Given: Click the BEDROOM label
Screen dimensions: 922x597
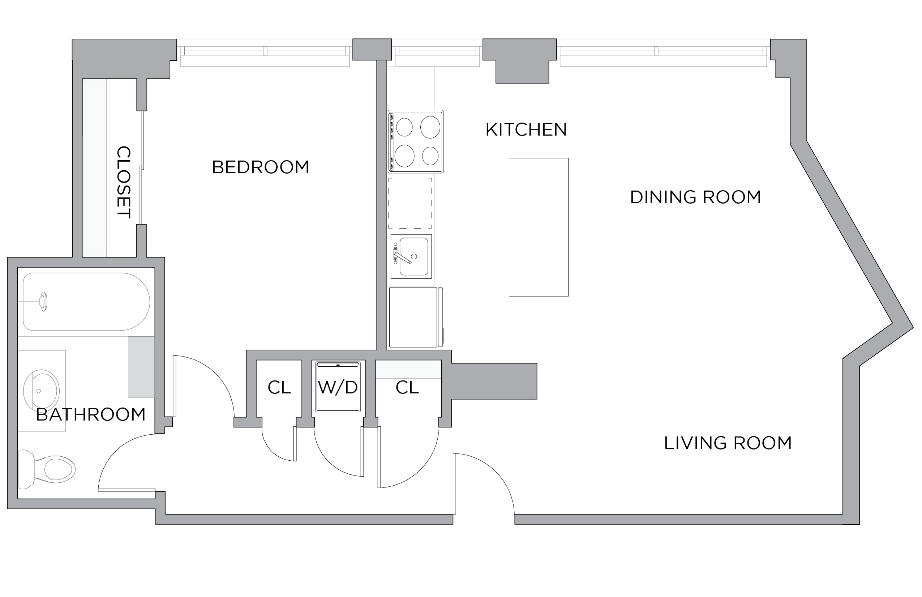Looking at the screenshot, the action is pos(260,167).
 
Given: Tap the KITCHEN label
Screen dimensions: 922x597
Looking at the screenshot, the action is pos(526,129).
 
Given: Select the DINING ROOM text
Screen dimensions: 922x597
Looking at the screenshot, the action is pos(695,197).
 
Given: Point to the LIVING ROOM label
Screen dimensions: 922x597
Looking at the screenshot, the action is pos(728,443).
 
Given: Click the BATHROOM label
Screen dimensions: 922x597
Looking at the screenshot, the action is pos(91,414).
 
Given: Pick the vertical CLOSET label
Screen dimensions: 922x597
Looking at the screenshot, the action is pos(124,182).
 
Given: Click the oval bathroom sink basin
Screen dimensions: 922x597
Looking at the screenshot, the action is pos(42,391).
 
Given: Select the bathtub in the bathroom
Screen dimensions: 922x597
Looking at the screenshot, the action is pos(86,302).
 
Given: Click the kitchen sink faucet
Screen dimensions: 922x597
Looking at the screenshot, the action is pos(402,257).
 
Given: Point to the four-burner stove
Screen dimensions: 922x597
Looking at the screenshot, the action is pos(416,141).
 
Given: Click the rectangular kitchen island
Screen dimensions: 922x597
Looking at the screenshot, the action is pos(539,227).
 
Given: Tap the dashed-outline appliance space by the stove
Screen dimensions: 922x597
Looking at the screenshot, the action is pos(410,203).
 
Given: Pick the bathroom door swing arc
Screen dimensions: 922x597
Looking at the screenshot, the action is pos(116,450).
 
